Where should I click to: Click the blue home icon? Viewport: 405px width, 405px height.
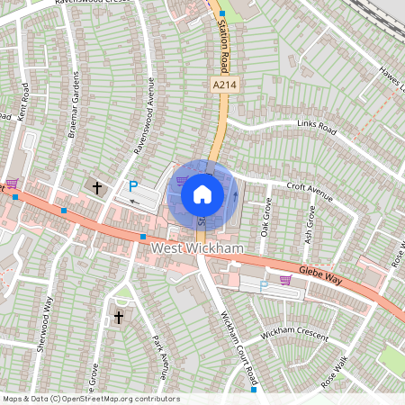click(x=202, y=193)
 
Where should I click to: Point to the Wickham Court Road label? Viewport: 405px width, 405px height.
click(x=238, y=346)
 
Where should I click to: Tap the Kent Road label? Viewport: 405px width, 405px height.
click(x=22, y=102)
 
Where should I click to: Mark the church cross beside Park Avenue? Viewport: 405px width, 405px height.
click(x=119, y=317)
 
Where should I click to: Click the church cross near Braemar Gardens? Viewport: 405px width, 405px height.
click(x=97, y=187)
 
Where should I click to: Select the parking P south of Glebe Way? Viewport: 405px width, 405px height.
click(x=264, y=285)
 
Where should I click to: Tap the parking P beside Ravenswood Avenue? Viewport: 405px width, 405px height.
click(x=133, y=186)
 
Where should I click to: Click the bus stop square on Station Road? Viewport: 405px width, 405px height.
click(x=222, y=13)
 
